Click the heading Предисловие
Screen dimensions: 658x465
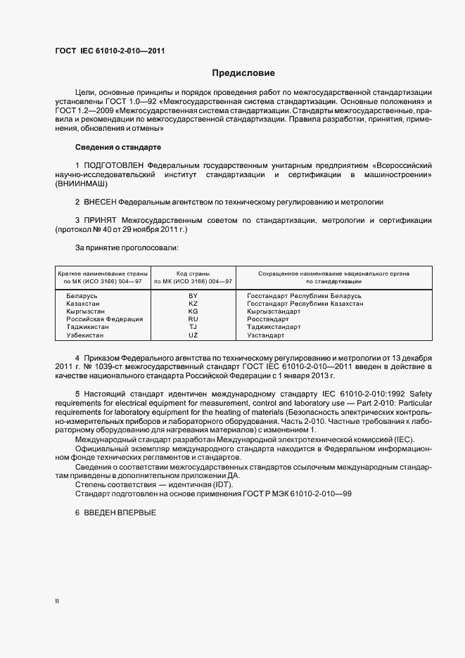coord(243,72)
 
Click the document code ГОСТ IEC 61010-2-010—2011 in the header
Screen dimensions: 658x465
coord(110,51)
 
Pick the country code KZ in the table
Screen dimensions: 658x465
coord(193,304)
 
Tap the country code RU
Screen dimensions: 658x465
coord(193,319)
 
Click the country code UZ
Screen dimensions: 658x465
coord(193,335)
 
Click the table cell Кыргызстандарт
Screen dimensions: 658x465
coord(274,311)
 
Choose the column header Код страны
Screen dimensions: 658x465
coord(193,272)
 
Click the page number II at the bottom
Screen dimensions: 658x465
coord(57,600)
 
